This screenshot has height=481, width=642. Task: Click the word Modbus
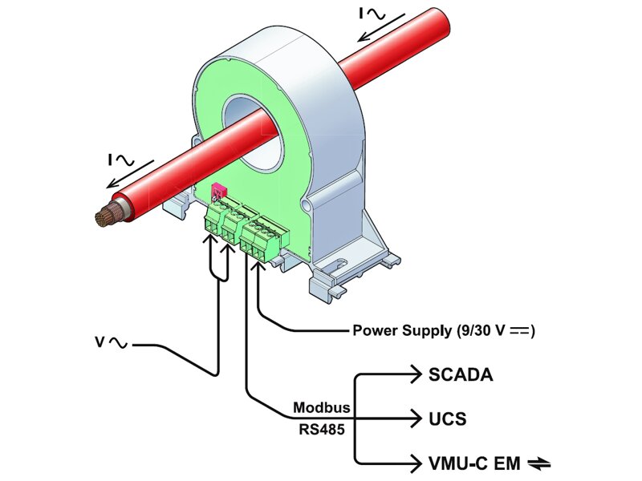[318, 406]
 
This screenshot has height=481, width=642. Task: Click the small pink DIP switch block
[217, 193]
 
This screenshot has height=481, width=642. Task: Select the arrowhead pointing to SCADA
[414, 374]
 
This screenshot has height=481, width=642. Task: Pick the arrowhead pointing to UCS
[414, 418]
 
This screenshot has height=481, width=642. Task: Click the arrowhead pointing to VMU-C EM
[414, 463]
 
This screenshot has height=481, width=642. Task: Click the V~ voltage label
[109, 344]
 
